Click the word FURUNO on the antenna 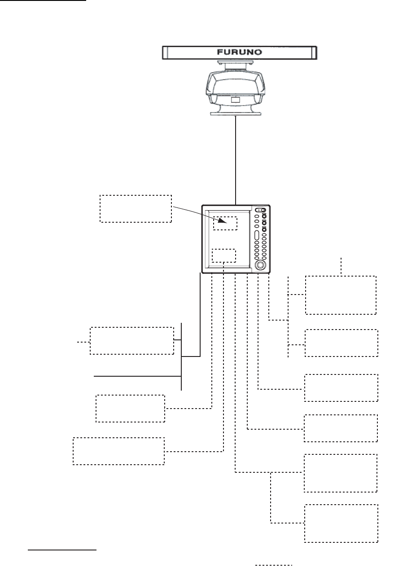240,53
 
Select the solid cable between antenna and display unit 236,157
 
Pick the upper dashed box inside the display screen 225,223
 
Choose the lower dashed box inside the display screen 224,255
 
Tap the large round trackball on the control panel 260,265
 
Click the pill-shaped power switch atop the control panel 260,210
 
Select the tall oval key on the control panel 255,237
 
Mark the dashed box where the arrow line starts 136,208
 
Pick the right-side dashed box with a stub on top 341,295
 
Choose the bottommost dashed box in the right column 341,523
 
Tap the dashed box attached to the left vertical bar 132,341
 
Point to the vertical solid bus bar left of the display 181,356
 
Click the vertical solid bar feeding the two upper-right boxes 288,317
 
